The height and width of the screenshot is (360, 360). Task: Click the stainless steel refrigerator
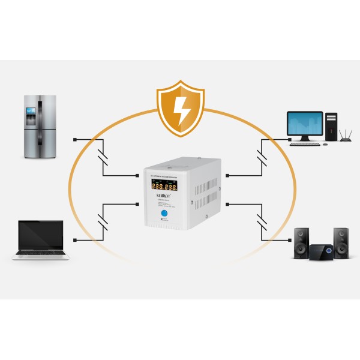click(x=40, y=127)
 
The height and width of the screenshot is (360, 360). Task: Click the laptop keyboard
click(x=40, y=253)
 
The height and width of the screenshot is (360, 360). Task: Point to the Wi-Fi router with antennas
click(x=346, y=136)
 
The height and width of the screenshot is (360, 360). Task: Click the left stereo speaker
click(x=301, y=242)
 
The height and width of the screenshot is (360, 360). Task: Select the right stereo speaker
click(x=340, y=242)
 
